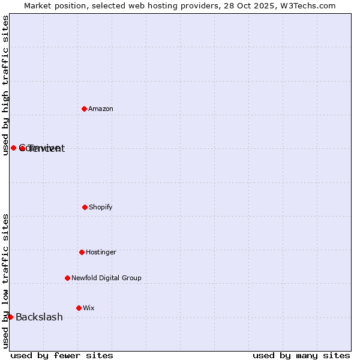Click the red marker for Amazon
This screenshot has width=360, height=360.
click(x=85, y=109)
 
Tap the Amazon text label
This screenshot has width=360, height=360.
click(x=101, y=109)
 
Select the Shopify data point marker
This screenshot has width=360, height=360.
click(x=85, y=207)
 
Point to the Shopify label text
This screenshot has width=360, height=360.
click(x=101, y=207)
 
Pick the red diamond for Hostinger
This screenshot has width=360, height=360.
click(x=82, y=252)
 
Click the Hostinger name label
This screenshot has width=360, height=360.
click(x=101, y=252)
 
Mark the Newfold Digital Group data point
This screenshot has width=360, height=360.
click(x=67, y=278)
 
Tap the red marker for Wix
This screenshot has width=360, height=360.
click(x=79, y=308)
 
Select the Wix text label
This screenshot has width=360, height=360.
click(x=89, y=308)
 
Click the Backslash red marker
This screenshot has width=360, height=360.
click(x=10, y=317)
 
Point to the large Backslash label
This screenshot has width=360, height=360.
click(x=39, y=317)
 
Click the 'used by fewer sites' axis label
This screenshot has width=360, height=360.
click(x=62, y=355)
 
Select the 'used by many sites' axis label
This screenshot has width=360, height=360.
click(x=301, y=355)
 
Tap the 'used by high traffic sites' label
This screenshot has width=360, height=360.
click(x=5, y=85)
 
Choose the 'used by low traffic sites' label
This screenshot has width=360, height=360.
click(x=5, y=281)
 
